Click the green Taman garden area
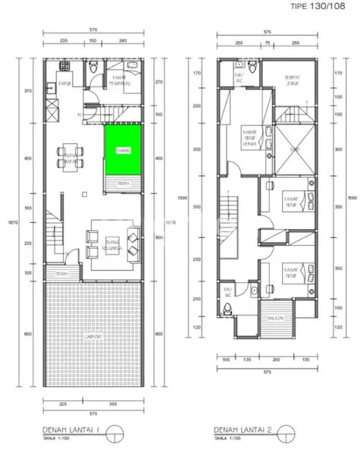point(123,150)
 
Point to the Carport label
point(94,336)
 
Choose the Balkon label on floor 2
point(275,318)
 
